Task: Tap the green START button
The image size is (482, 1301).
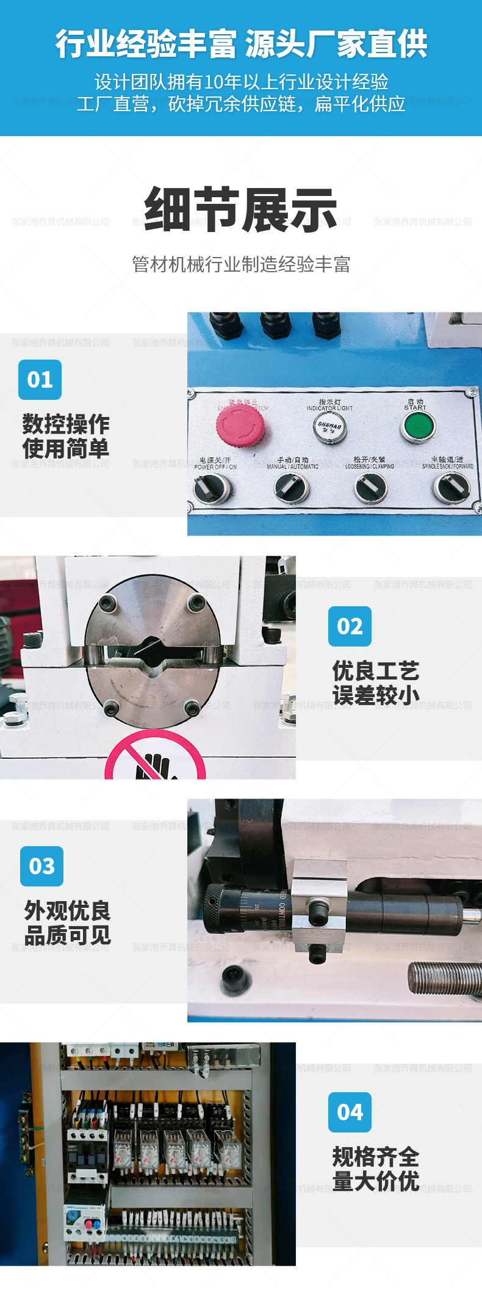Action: (418, 426)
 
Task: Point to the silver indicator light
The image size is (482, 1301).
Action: (329, 427)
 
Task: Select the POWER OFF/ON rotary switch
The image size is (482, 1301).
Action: (212, 488)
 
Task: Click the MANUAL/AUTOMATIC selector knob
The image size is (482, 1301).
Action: (292, 488)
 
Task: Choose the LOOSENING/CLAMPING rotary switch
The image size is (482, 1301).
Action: (370, 488)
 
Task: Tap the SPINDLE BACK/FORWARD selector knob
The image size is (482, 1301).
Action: (451, 488)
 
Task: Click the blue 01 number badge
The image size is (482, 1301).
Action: (40, 380)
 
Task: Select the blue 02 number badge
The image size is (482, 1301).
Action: (350, 626)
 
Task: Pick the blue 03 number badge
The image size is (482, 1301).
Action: (41, 866)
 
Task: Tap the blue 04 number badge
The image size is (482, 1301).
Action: (350, 1112)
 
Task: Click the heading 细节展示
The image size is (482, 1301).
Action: (241, 209)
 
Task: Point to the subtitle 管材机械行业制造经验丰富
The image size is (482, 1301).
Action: (241, 264)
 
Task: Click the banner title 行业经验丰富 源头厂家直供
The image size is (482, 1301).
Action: (241, 44)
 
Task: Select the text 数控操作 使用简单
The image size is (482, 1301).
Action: (66, 437)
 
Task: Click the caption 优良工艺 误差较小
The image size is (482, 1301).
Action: (376, 683)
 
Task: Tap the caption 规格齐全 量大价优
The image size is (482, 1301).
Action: (376, 1169)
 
